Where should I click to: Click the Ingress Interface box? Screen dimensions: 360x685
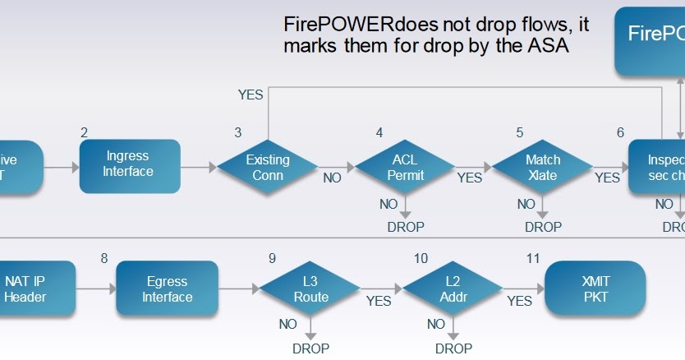[130, 165]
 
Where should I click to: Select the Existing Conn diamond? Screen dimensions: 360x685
[268, 167]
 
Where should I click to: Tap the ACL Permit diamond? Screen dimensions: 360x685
[405, 167]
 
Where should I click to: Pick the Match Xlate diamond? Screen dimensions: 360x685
[542, 167]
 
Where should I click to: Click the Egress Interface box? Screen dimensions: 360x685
[167, 288]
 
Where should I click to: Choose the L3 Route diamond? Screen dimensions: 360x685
[310, 288]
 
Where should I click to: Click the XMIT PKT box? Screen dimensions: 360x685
[595, 288]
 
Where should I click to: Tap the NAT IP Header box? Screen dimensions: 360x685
[26, 288]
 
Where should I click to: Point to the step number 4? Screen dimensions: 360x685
[379, 132]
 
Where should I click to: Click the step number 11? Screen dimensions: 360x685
[533, 258]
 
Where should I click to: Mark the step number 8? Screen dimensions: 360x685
[104, 258]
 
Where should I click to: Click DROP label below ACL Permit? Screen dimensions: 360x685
[406, 226]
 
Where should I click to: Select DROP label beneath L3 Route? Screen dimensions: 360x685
[310, 348]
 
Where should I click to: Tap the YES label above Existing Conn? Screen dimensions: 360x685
[251, 95]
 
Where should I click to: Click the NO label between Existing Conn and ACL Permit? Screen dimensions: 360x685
[333, 177]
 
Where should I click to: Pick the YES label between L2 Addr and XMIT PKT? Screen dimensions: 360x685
[519, 301]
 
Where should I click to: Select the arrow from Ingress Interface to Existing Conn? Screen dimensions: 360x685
[198, 167]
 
